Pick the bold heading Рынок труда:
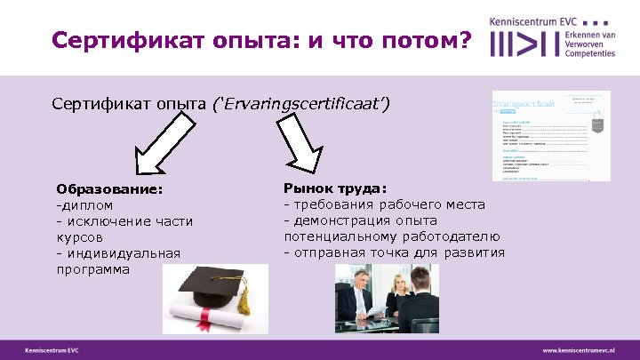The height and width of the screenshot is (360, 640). (335, 188)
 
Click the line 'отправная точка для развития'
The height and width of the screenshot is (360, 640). (394, 252)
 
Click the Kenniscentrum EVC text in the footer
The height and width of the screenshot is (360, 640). (52, 350)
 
